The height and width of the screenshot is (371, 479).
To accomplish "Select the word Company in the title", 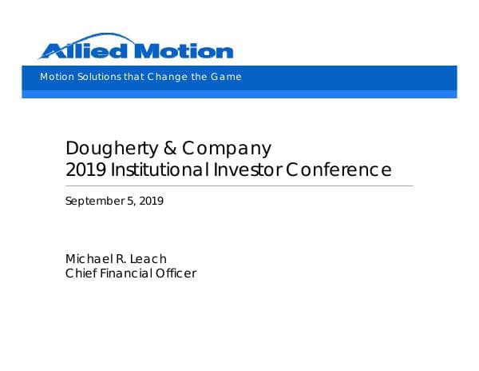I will pyautogui.click(x=226, y=150).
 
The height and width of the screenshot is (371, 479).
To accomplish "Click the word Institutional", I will pyautogui.click(x=160, y=170).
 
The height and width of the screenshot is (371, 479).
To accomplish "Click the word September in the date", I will pyautogui.click(x=93, y=201).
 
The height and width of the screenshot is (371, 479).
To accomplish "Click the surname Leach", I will pyautogui.click(x=149, y=258).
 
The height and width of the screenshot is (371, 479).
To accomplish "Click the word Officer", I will pyautogui.click(x=176, y=273).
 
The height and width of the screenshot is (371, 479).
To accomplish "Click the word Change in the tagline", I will pyautogui.click(x=167, y=77).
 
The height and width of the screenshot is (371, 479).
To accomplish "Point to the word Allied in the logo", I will pyautogui.click(x=85, y=51).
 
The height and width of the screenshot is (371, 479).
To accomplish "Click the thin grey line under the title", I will pyautogui.click(x=239, y=185).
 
